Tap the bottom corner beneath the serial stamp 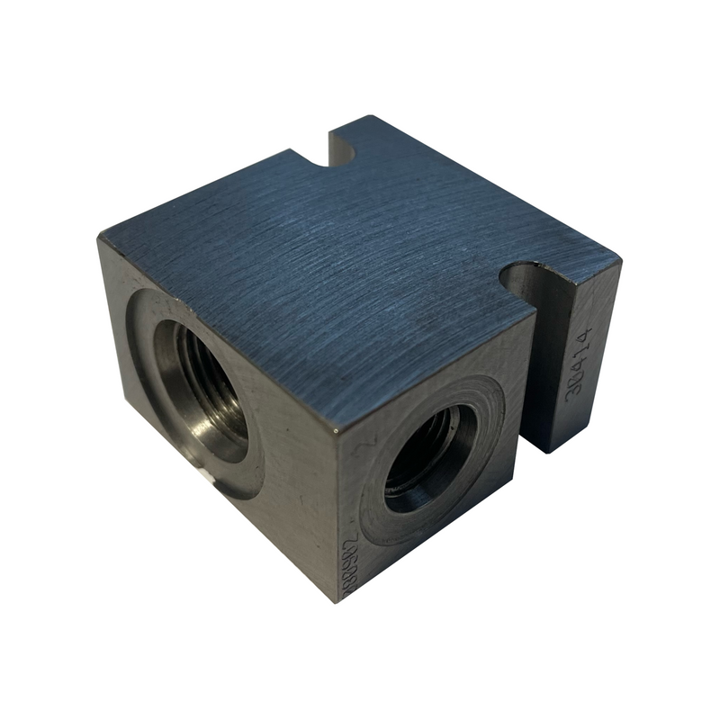[x=336, y=601]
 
